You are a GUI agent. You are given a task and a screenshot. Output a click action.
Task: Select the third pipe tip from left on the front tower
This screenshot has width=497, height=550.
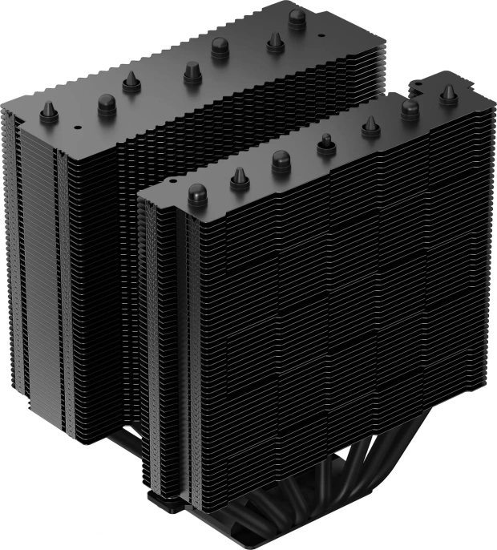(x=281, y=159)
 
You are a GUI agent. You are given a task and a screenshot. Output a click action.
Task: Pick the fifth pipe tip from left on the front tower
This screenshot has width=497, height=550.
(x=370, y=125)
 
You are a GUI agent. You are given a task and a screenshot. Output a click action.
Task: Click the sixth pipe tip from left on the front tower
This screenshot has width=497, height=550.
(x=410, y=107)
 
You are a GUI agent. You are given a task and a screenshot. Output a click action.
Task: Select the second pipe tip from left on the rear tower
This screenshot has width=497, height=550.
(x=107, y=102)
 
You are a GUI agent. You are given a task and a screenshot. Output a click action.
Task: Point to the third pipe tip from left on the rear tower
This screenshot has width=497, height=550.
(x=131, y=81)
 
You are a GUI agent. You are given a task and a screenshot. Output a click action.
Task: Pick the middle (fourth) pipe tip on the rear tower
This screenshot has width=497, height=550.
(x=191, y=73)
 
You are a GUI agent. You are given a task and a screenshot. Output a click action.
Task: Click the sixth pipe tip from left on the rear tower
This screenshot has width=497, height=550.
(x=275, y=42)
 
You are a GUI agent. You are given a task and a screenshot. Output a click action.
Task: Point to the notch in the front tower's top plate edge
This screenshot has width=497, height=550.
(x=421, y=83)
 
